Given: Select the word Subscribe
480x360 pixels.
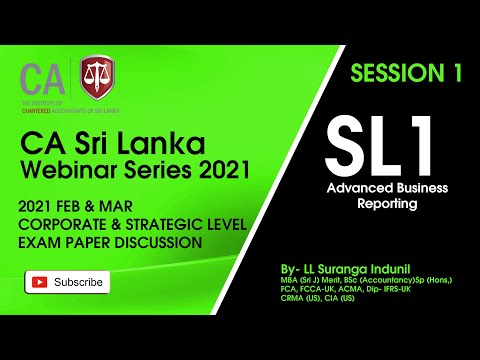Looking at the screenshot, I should (x=79, y=282).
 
